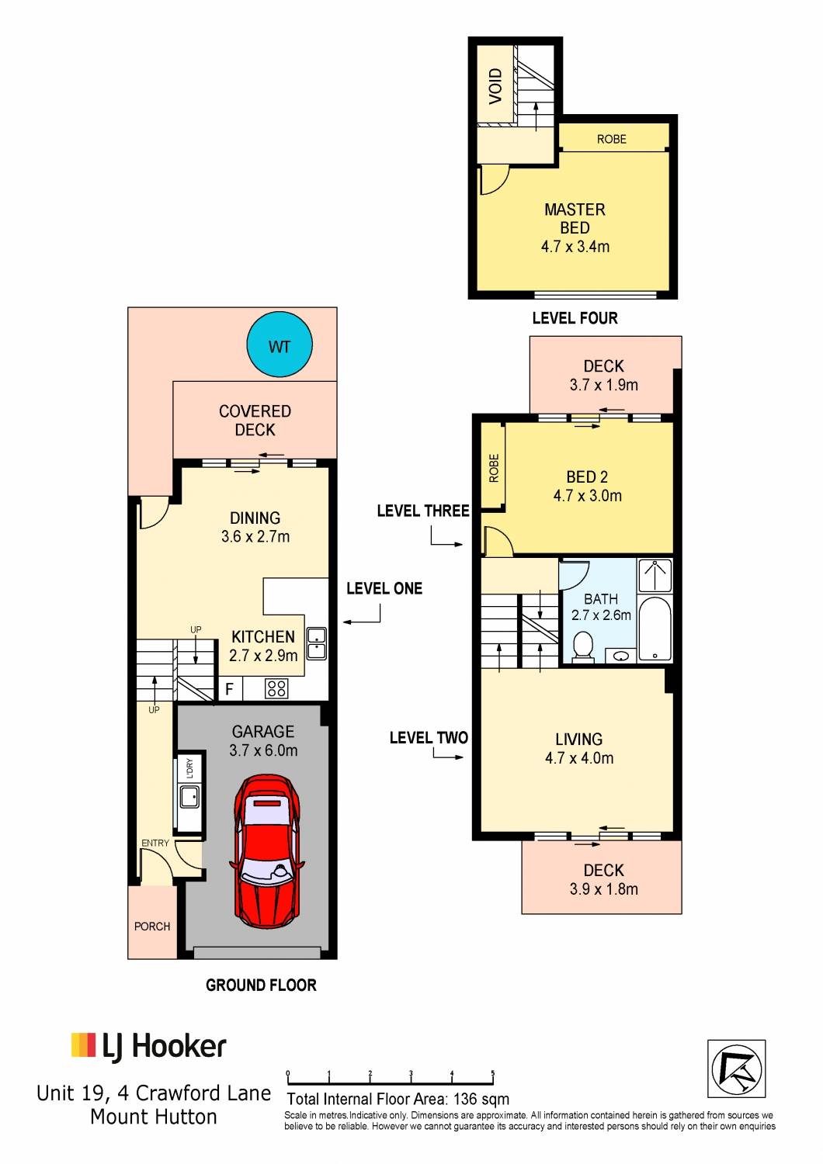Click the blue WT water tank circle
pyautogui.click(x=280, y=345)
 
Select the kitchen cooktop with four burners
pyautogui.click(x=276, y=689)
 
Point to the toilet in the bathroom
pyautogui.click(x=583, y=647)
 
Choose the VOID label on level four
pyautogui.click(x=495, y=85)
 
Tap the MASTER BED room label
pyautogui.click(x=575, y=219)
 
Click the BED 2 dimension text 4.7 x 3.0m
pyautogui.click(x=588, y=495)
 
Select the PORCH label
pyautogui.click(x=152, y=927)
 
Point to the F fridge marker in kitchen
pyautogui.click(x=229, y=690)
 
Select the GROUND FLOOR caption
pyautogui.click(x=261, y=986)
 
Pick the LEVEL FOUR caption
pyautogui.click(x=575, y=318)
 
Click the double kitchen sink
pyautogui.click(x=317, y=644)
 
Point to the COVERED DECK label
pyautogui.click(x=255, y=421)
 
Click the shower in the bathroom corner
pyautogui.click(x=655, y=575)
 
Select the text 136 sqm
pyautogui.click(x=481, y=1099)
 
